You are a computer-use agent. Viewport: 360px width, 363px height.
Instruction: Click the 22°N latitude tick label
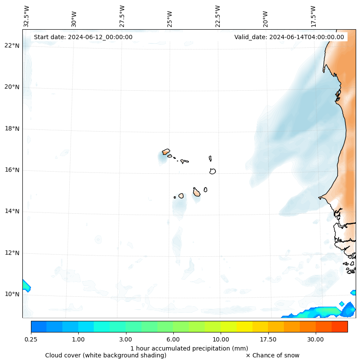pyautogui.click(x=12, y=46)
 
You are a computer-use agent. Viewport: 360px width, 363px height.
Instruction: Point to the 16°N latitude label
pyautogui.click(x=12, y=170)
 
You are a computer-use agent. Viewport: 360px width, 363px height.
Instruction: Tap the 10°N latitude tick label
pyautogui.click(x=12, y=295)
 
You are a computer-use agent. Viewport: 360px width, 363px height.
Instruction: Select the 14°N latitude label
pyautogui.click(x=12, y=211)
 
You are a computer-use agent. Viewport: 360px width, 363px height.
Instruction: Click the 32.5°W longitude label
pyautogui.click(x=27, y=16)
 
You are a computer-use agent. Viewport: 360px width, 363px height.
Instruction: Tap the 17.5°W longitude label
pyautogui.click(x=313, y=16)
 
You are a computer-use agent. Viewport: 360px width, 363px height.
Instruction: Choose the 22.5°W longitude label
pyautogui.click(x=218, y=16)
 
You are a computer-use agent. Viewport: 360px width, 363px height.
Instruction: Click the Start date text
pyautogui.click(x=83, y=37)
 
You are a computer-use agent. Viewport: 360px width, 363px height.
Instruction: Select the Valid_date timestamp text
pyautogui.click(x=289, y=37)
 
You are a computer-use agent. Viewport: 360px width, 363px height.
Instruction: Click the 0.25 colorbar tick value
pyautogui.click(x=31, y=339)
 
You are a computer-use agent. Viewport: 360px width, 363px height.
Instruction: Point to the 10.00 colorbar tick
pyautogui.click(x=221, y=339)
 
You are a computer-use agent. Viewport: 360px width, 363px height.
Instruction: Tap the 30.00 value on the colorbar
pyautogui.click(x=316, y=339)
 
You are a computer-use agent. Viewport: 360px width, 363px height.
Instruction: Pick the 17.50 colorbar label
pyautogui.click(x=268, y=339)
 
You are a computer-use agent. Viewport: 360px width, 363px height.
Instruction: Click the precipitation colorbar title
pyautogui.click(x=189, y=348)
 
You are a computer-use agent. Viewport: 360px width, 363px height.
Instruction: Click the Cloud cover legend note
pyautogui.click(x=106, y=355)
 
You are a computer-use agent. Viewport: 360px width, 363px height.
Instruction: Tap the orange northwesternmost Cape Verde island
pyautogui.click(x=166, y=152)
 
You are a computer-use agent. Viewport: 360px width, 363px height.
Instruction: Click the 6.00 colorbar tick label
pyautogui.click(x=173, y=339)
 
